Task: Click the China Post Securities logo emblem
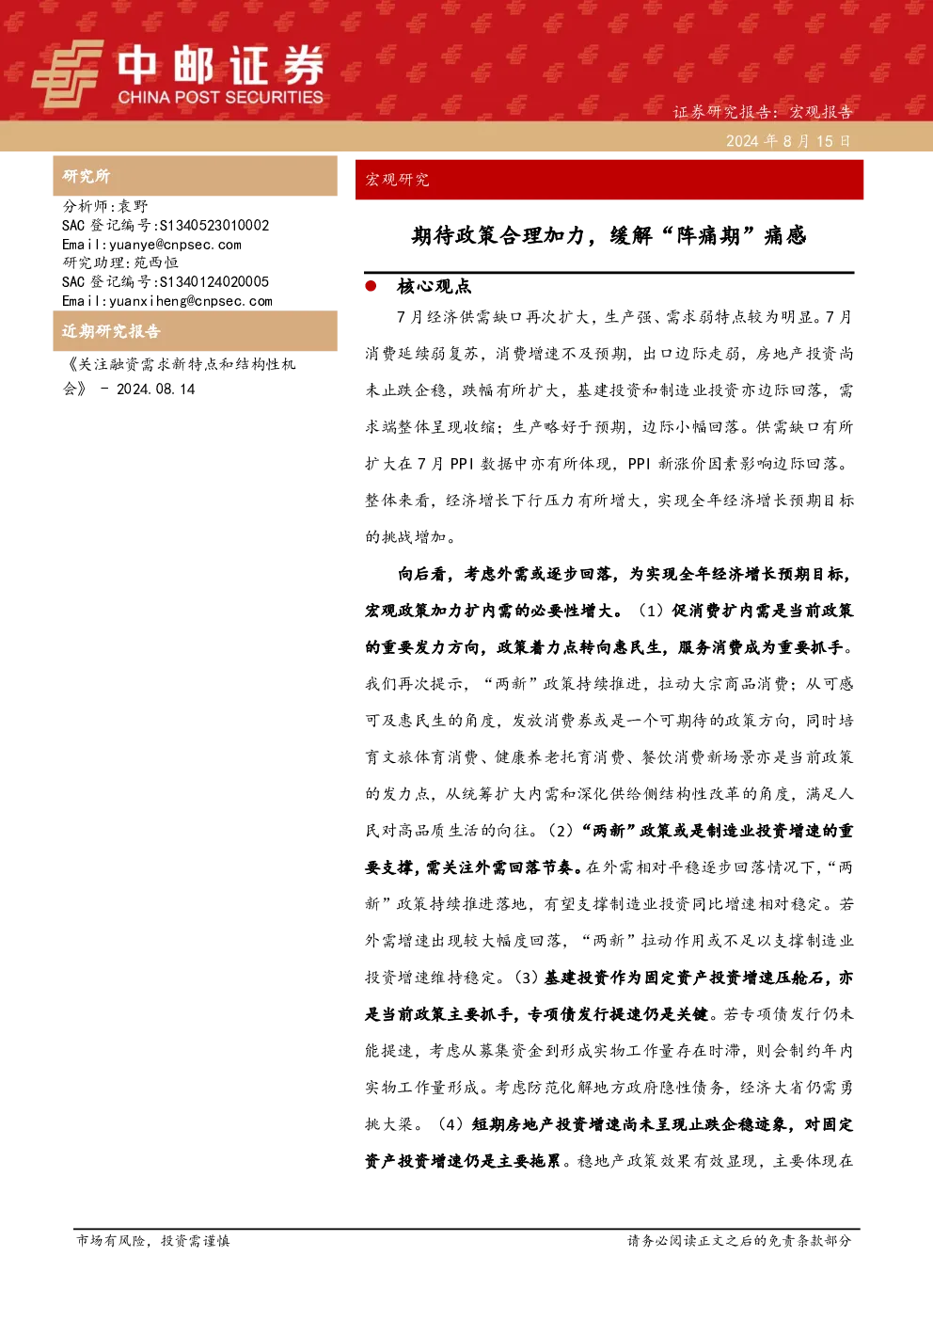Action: coord(68,73)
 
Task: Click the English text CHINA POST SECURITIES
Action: coord(220,97)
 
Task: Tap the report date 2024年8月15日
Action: coord(788,141)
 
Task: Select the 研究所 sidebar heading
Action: coord(86,176)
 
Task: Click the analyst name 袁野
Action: coord(134,206)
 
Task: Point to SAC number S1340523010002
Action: coord(214,225)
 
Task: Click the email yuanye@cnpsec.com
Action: coord(175,245)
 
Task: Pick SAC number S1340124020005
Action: coord(214,281)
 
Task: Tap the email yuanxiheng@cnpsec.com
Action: coord(191,301)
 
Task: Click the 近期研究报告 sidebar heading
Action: coord(111,331)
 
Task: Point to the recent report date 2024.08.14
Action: coord(155,389)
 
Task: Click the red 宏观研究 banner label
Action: coord(397,180)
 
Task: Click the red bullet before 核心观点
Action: coord(371,286)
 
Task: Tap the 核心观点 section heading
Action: coord(435,286)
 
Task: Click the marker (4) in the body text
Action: coord(451,1124)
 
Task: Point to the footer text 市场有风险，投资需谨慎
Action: coord(153,1240)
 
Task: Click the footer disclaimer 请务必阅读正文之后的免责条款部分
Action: coord(739,1240)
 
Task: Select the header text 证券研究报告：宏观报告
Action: coord(763,111)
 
